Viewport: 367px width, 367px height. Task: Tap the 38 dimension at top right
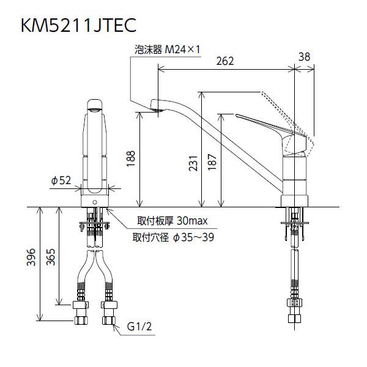click(x=304, y=56)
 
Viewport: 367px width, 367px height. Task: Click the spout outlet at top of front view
click(x=95, y=108)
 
